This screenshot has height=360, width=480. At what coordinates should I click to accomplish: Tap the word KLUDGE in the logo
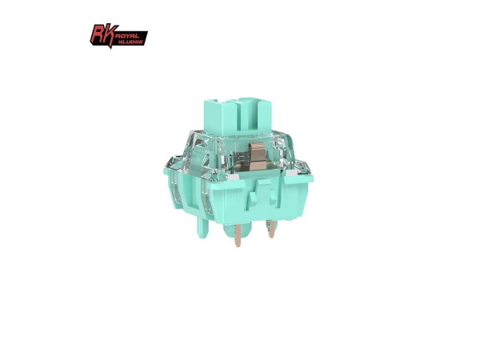point(131,42)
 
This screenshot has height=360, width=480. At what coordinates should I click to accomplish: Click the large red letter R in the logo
point(98,34)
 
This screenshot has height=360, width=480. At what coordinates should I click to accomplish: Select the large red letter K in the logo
point(111,35)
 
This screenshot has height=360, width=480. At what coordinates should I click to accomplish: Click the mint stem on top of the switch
point(238,116)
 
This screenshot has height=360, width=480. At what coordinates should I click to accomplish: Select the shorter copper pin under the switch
point(270,229)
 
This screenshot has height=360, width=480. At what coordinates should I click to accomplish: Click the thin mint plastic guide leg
point(202,227)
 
